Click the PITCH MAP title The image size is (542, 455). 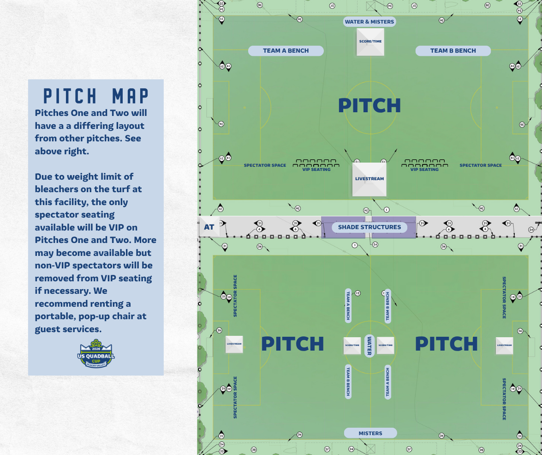[x=96, y=96]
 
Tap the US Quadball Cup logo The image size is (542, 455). [x=96, y=354]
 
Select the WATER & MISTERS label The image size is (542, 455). [x=369, y=22]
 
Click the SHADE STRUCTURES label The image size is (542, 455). [x=369, y=227]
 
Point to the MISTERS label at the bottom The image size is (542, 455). [x=370, y=433]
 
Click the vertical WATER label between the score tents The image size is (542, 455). [x=369, y=346]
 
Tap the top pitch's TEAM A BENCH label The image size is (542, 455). [x=286, y=51]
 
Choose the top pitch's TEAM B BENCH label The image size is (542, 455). [x=453, y=51]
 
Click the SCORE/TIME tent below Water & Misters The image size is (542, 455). [x=370, y=42]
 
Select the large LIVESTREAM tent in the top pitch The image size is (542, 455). [x=369, y=179]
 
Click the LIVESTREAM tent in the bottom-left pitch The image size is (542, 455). [x=234, y=344]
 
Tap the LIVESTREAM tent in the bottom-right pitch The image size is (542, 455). [x=504, y=346]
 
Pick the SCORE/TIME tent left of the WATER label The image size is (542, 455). [x=352, y=346]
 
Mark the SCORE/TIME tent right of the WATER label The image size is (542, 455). [x=386, y=346]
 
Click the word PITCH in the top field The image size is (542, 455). [x=369, y=106]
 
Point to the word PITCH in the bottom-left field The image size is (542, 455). [x=292, y=344]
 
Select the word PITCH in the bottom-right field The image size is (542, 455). [x=446, y=344]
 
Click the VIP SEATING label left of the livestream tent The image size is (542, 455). [x=316, y=170]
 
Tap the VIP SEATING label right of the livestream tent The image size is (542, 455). [x=424, y=170]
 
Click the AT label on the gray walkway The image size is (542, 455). [x=209, y=227]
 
